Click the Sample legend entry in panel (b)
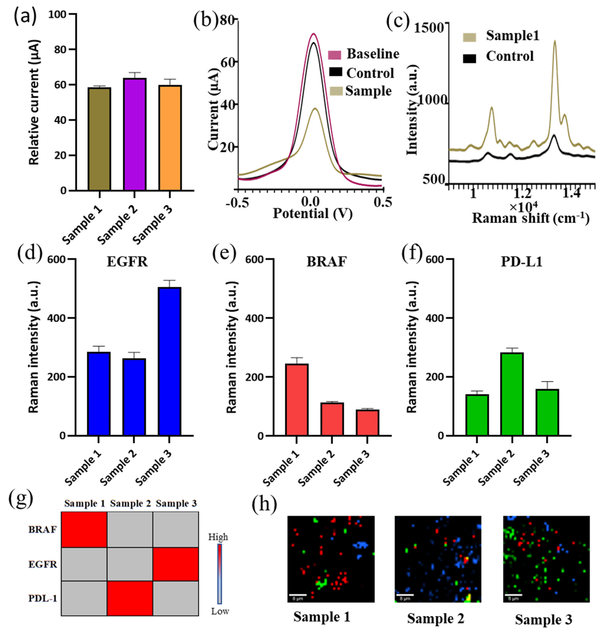(368, 91)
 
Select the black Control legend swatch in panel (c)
(470, 58)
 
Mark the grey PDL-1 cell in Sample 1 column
(84, 598)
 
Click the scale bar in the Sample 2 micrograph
(405, 594)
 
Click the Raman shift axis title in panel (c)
(530, 218)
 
